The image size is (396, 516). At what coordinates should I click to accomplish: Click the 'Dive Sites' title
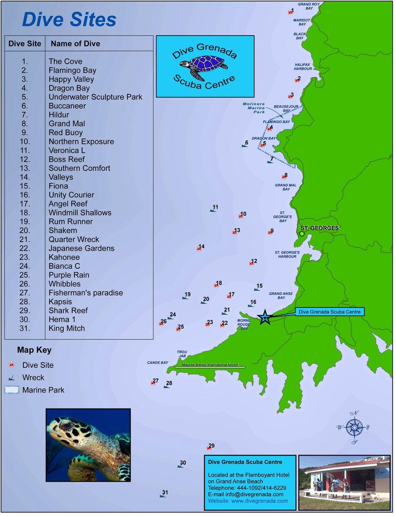point(69,20)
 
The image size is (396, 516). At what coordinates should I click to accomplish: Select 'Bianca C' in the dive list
point(64,266)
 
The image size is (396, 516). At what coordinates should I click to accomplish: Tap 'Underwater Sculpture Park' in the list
point(95,97)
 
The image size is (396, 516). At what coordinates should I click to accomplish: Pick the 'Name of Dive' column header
point(75,44)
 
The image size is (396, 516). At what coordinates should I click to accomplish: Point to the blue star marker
point(265,318)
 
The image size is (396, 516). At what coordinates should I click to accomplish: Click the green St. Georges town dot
point(302,234)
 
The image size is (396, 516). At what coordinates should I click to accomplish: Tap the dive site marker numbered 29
point(209,448)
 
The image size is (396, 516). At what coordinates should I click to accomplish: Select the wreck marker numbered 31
point(162,496)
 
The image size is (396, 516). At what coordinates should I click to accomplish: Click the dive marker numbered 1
point(290,13)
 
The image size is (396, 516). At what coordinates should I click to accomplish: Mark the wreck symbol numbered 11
point(212,210)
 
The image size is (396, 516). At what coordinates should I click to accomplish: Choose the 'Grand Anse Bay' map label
point(281,296)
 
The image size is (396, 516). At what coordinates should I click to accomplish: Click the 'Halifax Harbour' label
point(303,67)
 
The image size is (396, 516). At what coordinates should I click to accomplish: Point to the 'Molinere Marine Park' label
point(254,108)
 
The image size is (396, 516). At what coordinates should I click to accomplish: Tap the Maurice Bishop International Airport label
point(210,365)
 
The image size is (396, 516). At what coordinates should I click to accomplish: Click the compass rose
point(355,427)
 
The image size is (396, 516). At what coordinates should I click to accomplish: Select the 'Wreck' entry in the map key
point(33,378)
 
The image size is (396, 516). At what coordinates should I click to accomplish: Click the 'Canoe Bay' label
point(157,363)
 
